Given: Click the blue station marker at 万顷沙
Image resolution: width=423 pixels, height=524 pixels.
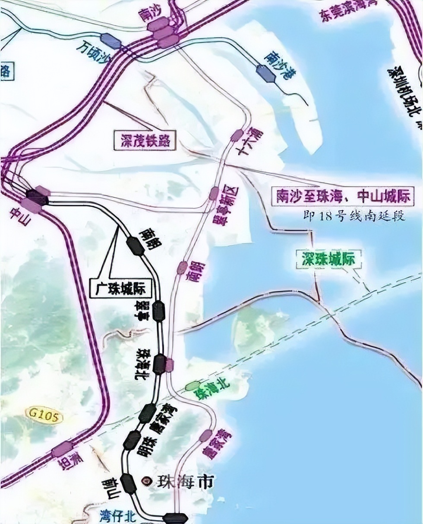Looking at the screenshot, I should [x=111, y=41].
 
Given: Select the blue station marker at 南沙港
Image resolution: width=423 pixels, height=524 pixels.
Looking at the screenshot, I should [x=265, y=73].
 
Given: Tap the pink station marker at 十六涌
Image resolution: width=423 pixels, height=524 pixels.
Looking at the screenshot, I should [x=237, y=135].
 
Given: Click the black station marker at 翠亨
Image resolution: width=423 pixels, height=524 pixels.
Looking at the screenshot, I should [x=159, y=311].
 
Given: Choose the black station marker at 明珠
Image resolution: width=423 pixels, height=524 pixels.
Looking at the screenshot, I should [x=132, y=441].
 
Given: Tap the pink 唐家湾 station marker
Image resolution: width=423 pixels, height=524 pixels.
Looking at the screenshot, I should [x=206, y=436].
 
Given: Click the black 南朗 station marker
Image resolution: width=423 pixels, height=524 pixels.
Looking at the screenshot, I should [x=136, y=246].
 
